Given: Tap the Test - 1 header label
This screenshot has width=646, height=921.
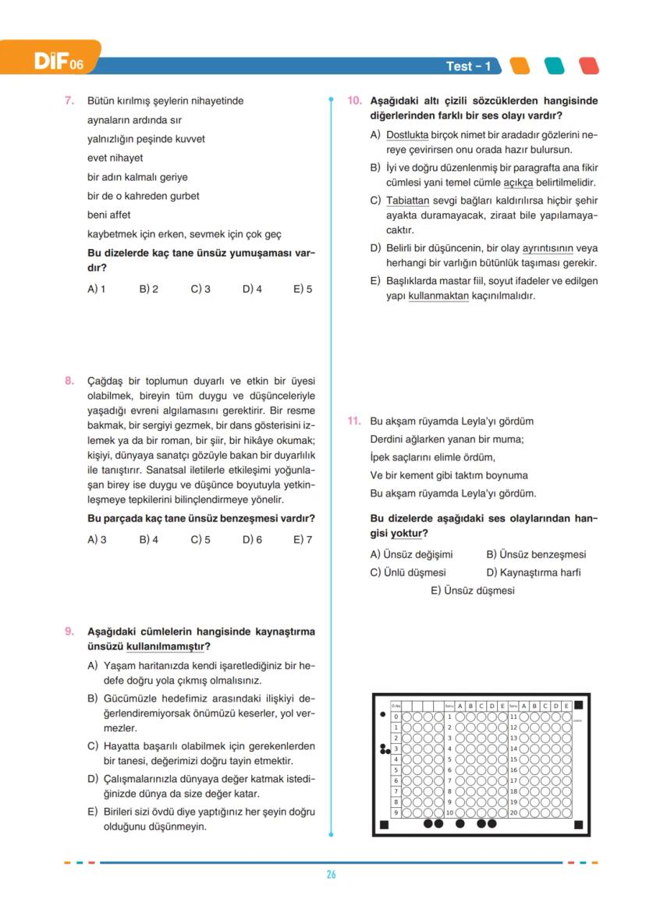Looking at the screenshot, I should [468, 66].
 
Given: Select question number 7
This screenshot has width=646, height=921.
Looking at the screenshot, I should [69, 101].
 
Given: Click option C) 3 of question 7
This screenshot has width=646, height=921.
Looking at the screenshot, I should [201, 289].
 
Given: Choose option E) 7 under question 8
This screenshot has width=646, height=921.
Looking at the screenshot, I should [303, 539].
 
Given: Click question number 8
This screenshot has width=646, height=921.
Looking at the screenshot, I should [69, 381].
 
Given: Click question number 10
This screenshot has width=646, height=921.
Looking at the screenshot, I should [353, 101].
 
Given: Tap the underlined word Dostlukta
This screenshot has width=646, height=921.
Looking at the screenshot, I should [408, 134].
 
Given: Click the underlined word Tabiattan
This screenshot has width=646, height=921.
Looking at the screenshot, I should [408, 200].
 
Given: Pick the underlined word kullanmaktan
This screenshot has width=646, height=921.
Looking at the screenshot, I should [438, 296].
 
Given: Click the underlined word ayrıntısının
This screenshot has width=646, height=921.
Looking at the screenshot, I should [548, 248].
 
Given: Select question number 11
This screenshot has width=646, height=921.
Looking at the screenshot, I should [353, 421].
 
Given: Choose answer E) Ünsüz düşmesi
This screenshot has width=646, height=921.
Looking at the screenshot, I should [473, 591].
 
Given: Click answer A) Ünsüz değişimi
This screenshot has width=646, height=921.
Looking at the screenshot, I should [411, 554].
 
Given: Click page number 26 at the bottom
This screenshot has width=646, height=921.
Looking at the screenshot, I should [331, 875].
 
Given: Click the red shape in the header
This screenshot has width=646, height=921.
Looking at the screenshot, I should [590, 66].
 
